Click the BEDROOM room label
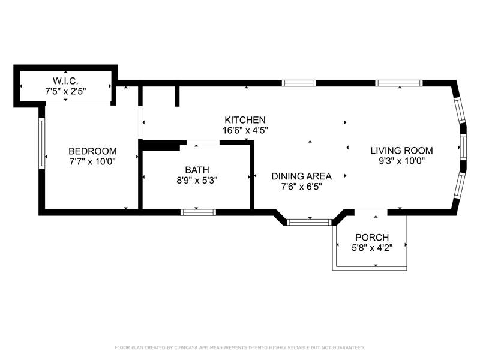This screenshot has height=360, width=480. [x=92, y=151]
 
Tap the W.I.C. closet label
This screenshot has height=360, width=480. [x=65, y=81]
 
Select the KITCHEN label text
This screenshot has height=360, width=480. [x=245, y=120]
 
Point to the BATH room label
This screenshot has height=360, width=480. [x=197, y=170]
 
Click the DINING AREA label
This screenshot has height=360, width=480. [x=302, y=176]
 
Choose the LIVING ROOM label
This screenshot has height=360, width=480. [x=401, y=151]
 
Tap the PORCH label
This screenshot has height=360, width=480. [x=372, y=238]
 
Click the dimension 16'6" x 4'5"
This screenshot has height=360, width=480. [x=245, y=130]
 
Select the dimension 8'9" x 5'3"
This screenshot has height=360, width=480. [x=197, y=181]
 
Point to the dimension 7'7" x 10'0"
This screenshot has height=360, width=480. [x=92, y=161]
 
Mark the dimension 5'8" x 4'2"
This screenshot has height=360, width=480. [x=372, y=248]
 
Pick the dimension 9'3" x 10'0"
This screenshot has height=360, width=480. [x=401, y=161]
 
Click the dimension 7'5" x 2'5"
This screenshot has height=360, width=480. [x=65, y=91]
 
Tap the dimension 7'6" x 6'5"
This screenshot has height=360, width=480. [x=302, y=187]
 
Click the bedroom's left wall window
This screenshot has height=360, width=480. [x=42, y=143]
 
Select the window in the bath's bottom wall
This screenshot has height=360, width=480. [x=199, y=212]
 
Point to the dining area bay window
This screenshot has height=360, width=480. [x=309, y=222]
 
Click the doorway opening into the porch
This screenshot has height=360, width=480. [x=371, y=212]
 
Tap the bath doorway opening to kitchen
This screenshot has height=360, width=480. [x=203, y=143]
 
